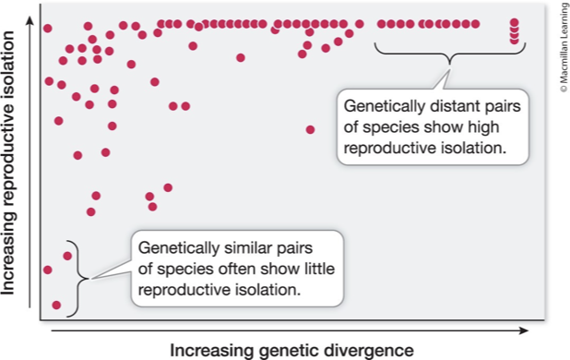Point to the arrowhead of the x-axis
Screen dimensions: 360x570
click(523, 328)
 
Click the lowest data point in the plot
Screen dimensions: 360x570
click(57, 305)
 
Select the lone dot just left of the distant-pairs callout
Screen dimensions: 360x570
click(310, 129)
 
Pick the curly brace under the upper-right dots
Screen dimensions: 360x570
click(448, 58)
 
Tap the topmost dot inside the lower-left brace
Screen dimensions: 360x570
click(66, 255)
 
